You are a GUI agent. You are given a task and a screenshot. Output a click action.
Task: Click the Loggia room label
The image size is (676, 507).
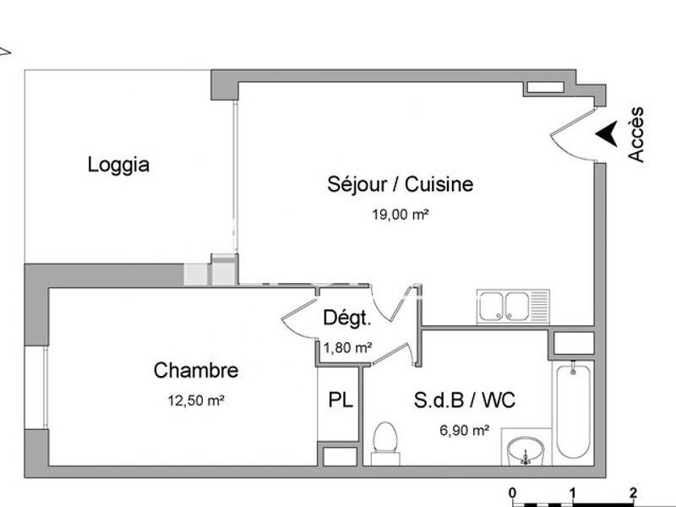pos(118,165)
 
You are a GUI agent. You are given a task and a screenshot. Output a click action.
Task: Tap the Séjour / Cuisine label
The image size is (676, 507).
pos(401,184)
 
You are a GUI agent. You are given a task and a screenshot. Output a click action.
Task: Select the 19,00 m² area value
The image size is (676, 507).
pos(401,215)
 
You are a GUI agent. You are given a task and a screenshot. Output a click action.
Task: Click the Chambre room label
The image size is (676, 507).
pos(196,370)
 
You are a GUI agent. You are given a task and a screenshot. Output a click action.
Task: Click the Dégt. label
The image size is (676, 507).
pos(346,319)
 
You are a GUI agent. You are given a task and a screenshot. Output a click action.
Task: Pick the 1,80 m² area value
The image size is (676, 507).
pos(347,346)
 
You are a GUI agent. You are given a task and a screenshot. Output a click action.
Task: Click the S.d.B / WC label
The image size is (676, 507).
pos(464,400)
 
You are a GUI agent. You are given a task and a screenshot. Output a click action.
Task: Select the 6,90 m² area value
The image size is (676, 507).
pos(464,430)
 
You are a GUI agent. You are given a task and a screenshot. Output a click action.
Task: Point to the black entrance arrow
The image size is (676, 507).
pos(605,134)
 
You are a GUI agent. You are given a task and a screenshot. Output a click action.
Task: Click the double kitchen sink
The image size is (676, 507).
pos(513,306)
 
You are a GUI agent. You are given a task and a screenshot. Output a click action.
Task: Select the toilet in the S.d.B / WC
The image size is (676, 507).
pos(385,441)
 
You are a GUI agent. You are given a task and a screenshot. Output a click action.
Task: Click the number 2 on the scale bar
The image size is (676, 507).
pos(633,493)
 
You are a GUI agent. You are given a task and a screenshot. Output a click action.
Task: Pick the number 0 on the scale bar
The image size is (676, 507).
pos(513,493)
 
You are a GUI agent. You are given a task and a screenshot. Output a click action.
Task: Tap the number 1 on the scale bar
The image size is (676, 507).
pos(573,493)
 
